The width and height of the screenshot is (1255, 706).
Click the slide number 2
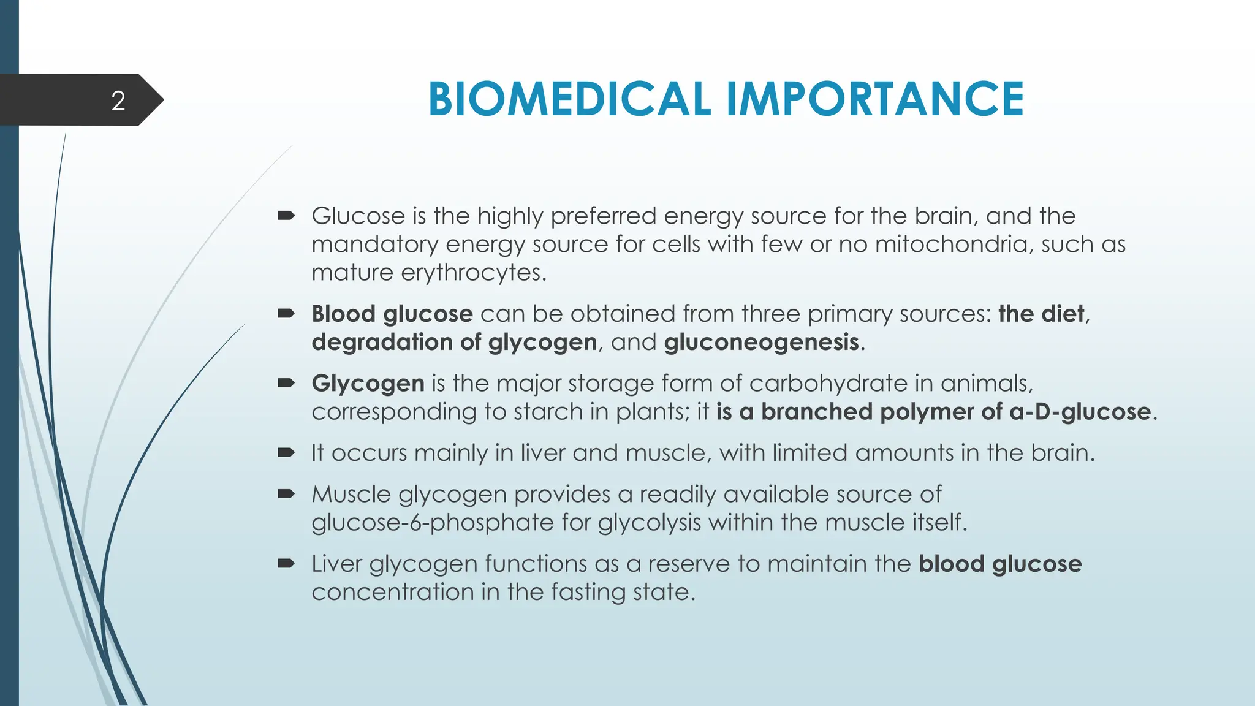[118, 101]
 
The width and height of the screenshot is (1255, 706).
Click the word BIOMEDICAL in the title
[569, 99]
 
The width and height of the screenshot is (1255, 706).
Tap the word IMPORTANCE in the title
[874, 99]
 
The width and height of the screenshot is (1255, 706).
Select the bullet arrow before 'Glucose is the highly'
[286, 216]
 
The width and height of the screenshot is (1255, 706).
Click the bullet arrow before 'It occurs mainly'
[286, 453]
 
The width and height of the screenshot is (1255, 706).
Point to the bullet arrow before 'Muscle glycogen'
[286, 494]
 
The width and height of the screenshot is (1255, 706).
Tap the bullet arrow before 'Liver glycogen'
[286, 564]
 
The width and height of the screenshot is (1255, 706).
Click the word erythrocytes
[473, 273]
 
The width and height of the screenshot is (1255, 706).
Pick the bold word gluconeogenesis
[761, 342]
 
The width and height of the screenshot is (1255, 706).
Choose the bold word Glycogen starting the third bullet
[368, 384]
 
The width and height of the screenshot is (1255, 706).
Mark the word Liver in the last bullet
[336, 564]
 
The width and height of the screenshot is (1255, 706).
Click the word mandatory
[374, 245]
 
